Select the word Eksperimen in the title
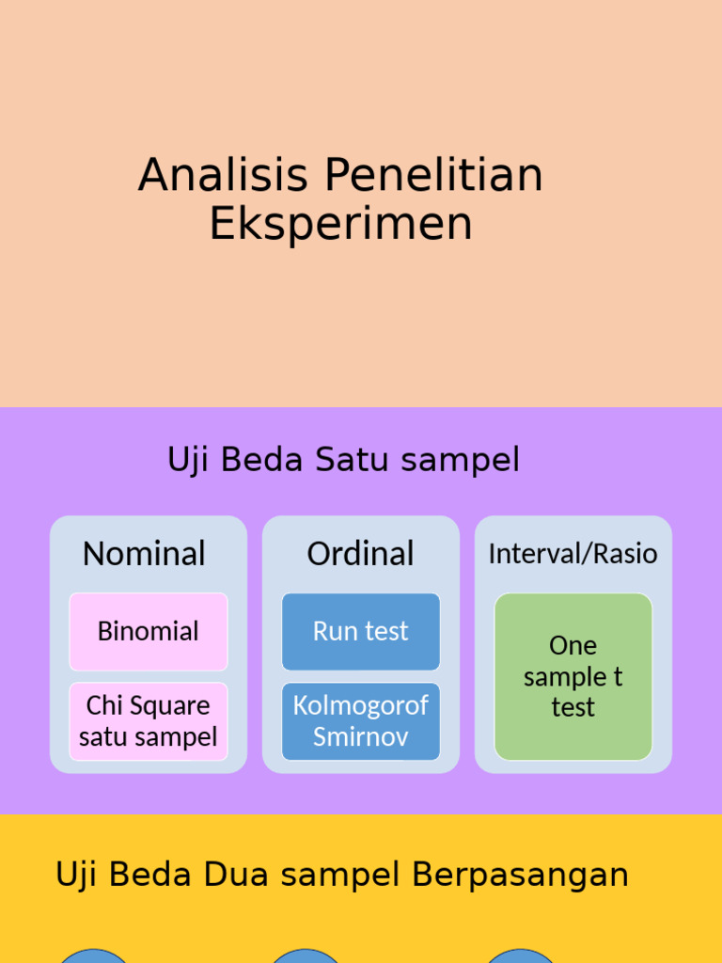[340, 225]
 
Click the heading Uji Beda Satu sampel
[343, 461]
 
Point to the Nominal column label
[144, 554]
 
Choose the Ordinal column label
[360, 554]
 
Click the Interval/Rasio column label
[573, 554]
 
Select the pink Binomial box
[149, 631]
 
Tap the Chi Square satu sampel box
[149, 721]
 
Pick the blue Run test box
[361, 631]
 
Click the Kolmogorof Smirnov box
[361, 721]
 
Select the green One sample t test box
[573, 676]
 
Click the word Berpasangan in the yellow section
[520, 875]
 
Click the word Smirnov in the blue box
[361, 736]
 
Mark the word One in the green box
[573, 646]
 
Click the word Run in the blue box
[332, 631]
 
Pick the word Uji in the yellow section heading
[76, 875]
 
